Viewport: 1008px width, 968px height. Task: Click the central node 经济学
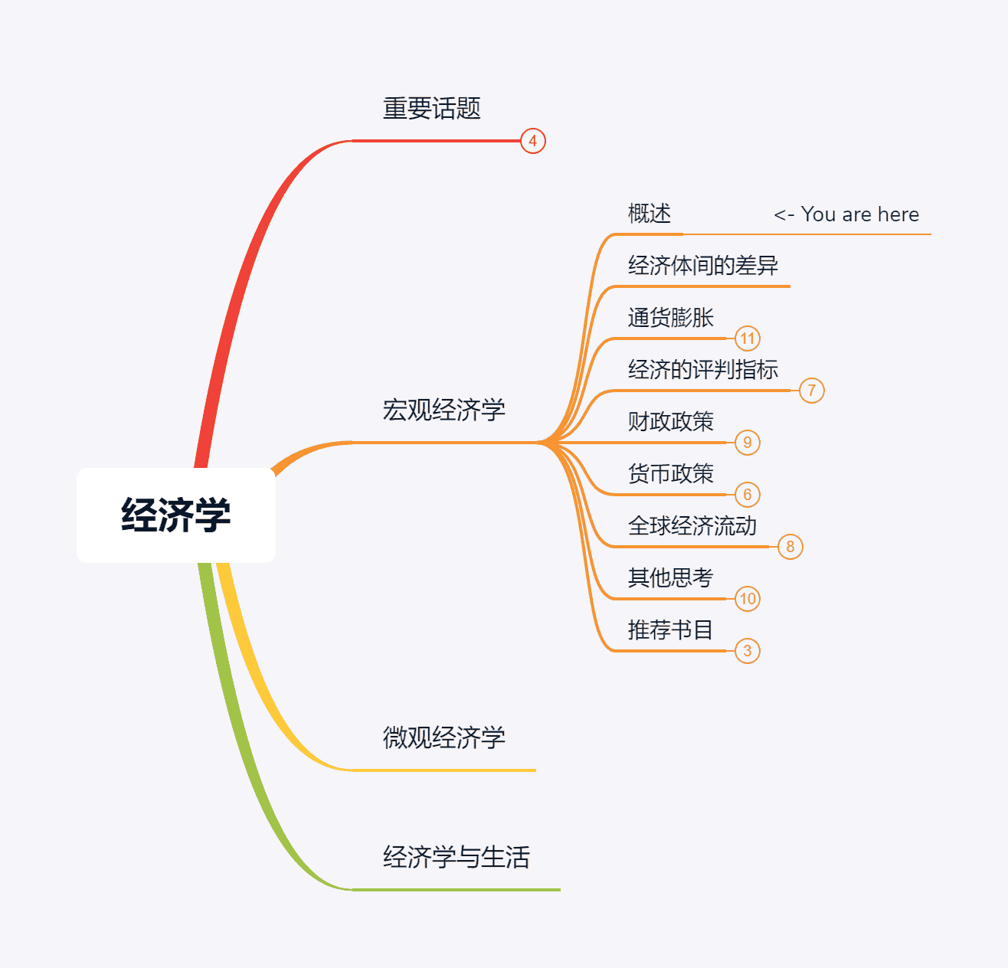click(175, 515)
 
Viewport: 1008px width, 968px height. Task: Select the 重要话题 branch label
click(431, 109)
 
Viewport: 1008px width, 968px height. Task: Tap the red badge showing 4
click(533, 141)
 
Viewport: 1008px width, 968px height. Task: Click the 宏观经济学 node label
click(443, 410)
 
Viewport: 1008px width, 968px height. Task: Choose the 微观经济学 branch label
click(443, 738)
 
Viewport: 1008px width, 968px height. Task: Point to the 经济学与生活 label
click(456, 858)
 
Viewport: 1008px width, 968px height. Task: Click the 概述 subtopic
click(649, 214)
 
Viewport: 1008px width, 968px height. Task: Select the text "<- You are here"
click(846, 214)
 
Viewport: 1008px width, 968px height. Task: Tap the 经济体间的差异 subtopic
click(702, 266)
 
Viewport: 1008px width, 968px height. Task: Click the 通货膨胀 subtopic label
click(670, 318)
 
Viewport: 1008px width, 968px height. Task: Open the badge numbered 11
click(748, 338)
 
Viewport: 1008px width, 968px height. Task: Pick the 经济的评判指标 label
click(702, 370)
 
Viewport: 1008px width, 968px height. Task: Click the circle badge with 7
click(812, 391)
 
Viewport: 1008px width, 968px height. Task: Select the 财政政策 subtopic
click(670, 422)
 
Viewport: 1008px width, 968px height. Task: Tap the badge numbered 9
click(748, 443)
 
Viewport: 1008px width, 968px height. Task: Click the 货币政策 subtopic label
click(670, 474)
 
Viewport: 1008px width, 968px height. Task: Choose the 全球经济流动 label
click(692, 526)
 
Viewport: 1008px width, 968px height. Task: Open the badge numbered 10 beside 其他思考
click(748, 599)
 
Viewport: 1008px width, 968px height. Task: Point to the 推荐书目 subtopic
click(670, 630)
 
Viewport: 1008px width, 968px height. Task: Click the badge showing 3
click(748, 651)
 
